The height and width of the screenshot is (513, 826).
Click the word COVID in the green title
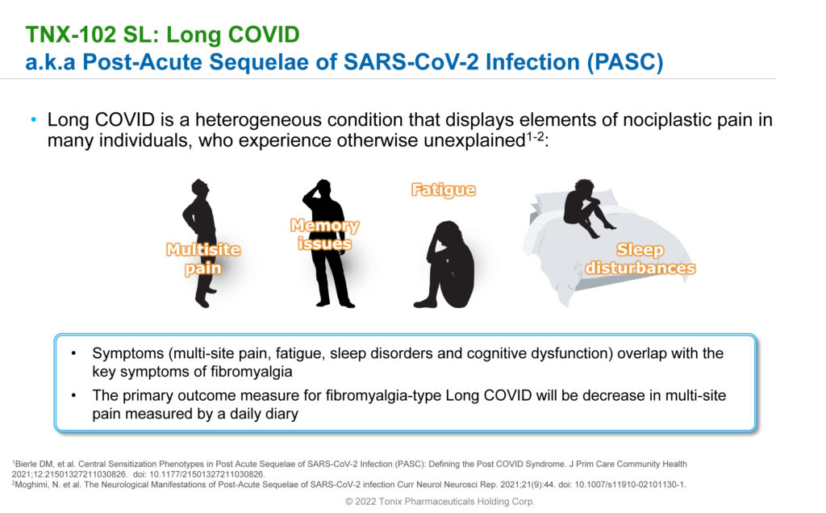pos(264,35)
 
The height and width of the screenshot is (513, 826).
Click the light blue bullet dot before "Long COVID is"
pos(34,120)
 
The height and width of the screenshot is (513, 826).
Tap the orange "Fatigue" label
pos(444,190)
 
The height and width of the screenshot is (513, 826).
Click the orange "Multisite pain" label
pos(203,259)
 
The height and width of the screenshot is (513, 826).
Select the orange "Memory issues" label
pos(324,235)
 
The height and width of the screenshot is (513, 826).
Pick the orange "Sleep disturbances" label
pos(640,259)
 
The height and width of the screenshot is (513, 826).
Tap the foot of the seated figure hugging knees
pos(425,302)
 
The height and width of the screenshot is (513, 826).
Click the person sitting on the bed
pos(586,207)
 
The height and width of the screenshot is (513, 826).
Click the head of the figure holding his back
pos(200,187)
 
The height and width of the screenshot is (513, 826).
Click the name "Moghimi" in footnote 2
pos(31,485)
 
